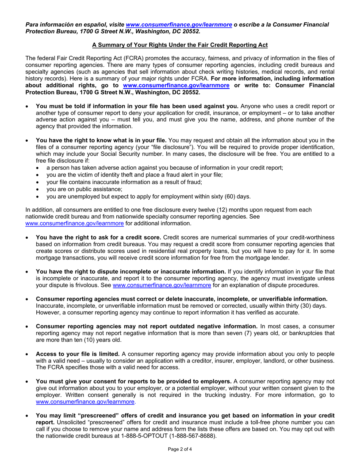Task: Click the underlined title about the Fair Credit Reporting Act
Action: point(180,45)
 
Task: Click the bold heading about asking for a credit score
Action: point(99,238)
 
